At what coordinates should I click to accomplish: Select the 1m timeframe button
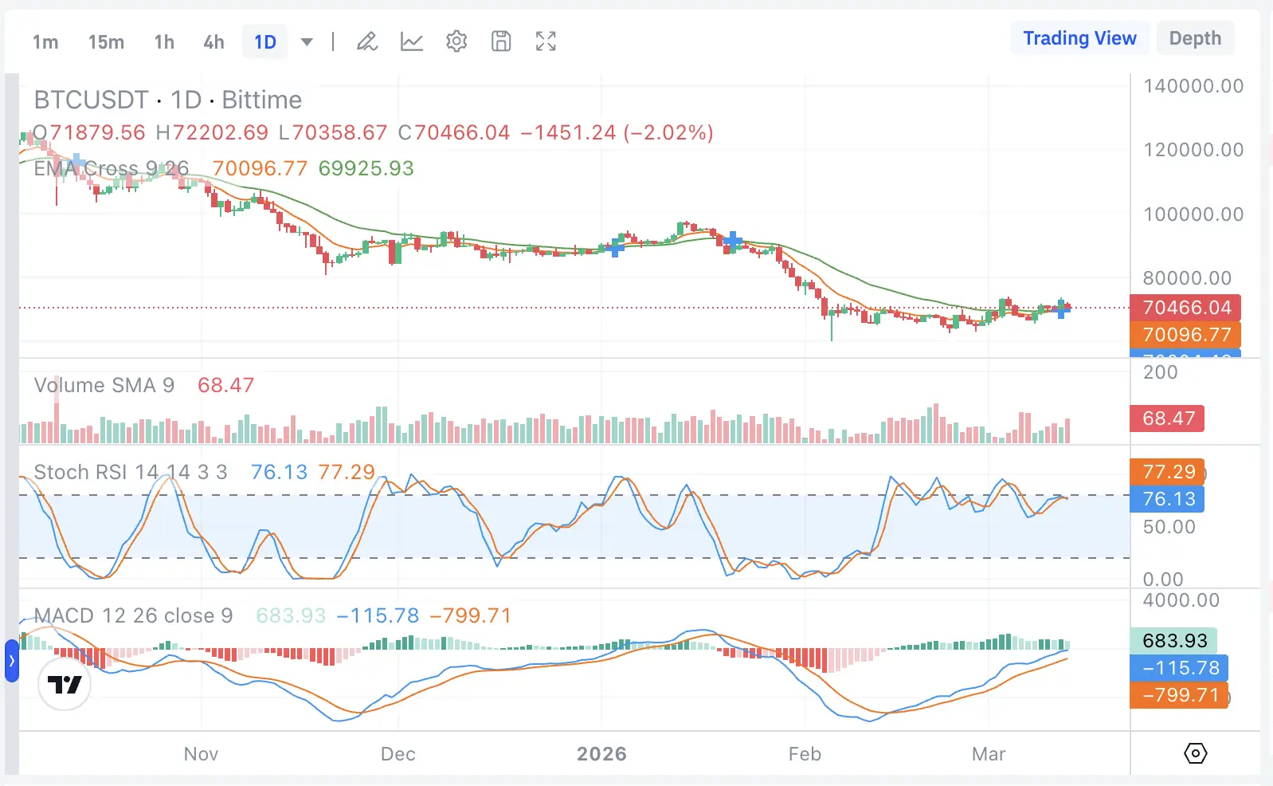(45, 42)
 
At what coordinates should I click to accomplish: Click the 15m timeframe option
(106, 42)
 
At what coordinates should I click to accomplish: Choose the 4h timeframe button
(213, 42)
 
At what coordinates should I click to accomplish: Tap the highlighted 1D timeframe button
(265, 42)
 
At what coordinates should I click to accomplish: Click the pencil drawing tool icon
(367, 41)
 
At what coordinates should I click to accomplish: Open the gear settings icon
(456, 41)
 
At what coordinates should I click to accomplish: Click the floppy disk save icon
(501, 41)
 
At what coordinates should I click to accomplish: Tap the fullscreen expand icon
(546, 41)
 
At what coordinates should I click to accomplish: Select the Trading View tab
(1079, 38)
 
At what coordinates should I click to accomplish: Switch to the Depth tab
(1195, 38)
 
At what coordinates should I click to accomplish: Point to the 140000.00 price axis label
(1193, 86)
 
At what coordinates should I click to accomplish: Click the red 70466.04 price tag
(1186, 308)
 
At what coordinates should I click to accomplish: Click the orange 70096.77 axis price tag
(1186, 335)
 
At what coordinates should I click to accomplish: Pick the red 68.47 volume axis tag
(1168, 419)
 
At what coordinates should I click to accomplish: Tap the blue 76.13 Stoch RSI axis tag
(1168, 499)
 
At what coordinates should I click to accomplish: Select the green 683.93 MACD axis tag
(1174, 641)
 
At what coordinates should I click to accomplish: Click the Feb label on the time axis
(805, 754)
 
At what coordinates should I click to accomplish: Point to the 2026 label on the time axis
(601, 754)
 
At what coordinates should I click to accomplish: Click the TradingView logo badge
(65, 684)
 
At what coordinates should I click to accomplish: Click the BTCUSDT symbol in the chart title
(91, 100)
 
